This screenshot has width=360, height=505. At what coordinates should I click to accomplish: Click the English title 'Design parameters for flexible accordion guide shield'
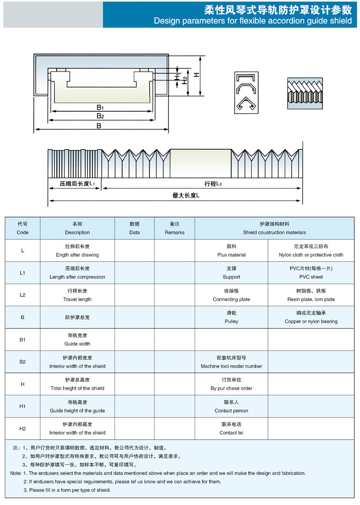[252, 21]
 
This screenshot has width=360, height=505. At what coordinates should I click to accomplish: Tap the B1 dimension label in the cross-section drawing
[100, 107]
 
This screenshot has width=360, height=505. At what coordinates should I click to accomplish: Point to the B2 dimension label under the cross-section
[100, 116]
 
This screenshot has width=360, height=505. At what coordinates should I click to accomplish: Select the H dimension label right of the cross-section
[196, 75]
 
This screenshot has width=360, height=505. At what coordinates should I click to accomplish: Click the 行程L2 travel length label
[213, 184]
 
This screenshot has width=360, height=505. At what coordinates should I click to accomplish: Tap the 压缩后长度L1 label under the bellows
[77, 184]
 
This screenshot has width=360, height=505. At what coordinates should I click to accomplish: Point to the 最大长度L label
[186, 196]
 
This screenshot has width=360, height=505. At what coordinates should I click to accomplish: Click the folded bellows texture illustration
[305, 93]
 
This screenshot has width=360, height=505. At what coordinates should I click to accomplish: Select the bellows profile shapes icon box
[246, 93]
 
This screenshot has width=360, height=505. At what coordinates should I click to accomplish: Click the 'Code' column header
[22, 228]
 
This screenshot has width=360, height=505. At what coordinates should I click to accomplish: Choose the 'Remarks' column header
[175, 228]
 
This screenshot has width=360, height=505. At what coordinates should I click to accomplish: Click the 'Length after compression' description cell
[77, 273]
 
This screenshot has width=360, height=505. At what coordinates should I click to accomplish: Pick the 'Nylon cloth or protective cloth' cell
[311, 251]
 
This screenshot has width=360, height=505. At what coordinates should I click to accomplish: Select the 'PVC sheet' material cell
[311, 273]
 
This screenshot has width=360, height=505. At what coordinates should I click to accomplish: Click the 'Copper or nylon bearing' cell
[311, 317]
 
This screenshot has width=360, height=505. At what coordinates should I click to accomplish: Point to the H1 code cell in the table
[22, 406]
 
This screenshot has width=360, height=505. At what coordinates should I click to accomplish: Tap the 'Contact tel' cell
[231, 429]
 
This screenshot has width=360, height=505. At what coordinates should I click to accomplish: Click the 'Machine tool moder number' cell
[231, 362]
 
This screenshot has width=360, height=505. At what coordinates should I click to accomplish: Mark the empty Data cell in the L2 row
[134, 295]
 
